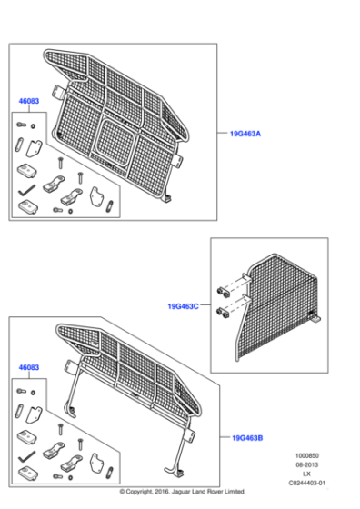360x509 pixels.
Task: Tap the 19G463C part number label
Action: pos(183,306)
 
